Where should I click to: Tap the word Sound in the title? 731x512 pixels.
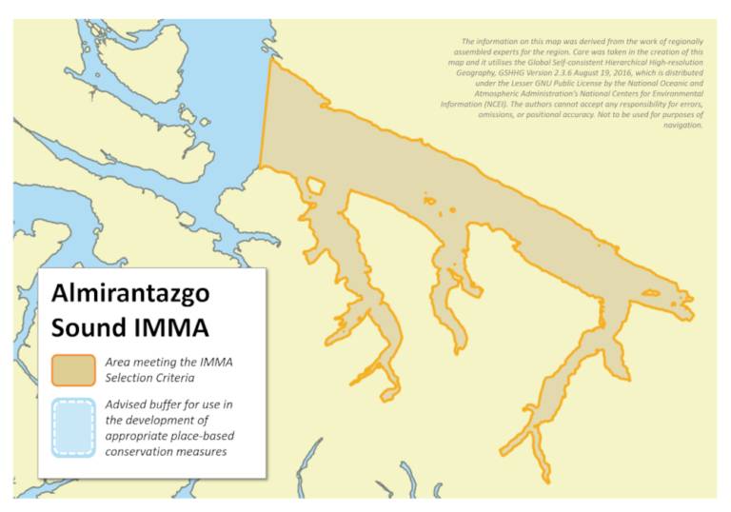[x=89, y=328]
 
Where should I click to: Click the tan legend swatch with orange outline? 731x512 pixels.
[x=72, y=370]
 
